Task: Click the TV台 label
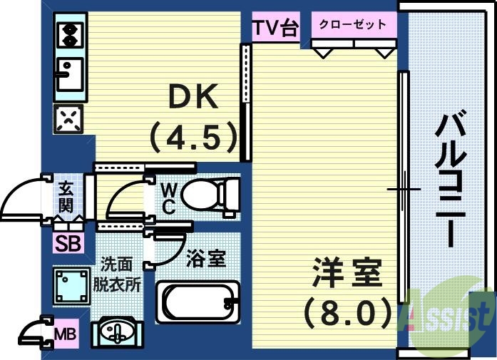point(275,28)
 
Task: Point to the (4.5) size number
point(193,136)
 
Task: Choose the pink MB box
point(66,333)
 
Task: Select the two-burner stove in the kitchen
point(70,34)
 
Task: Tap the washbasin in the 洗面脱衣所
point(116,332)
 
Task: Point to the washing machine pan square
point(70,285)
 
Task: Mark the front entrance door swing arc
point(21,195)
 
